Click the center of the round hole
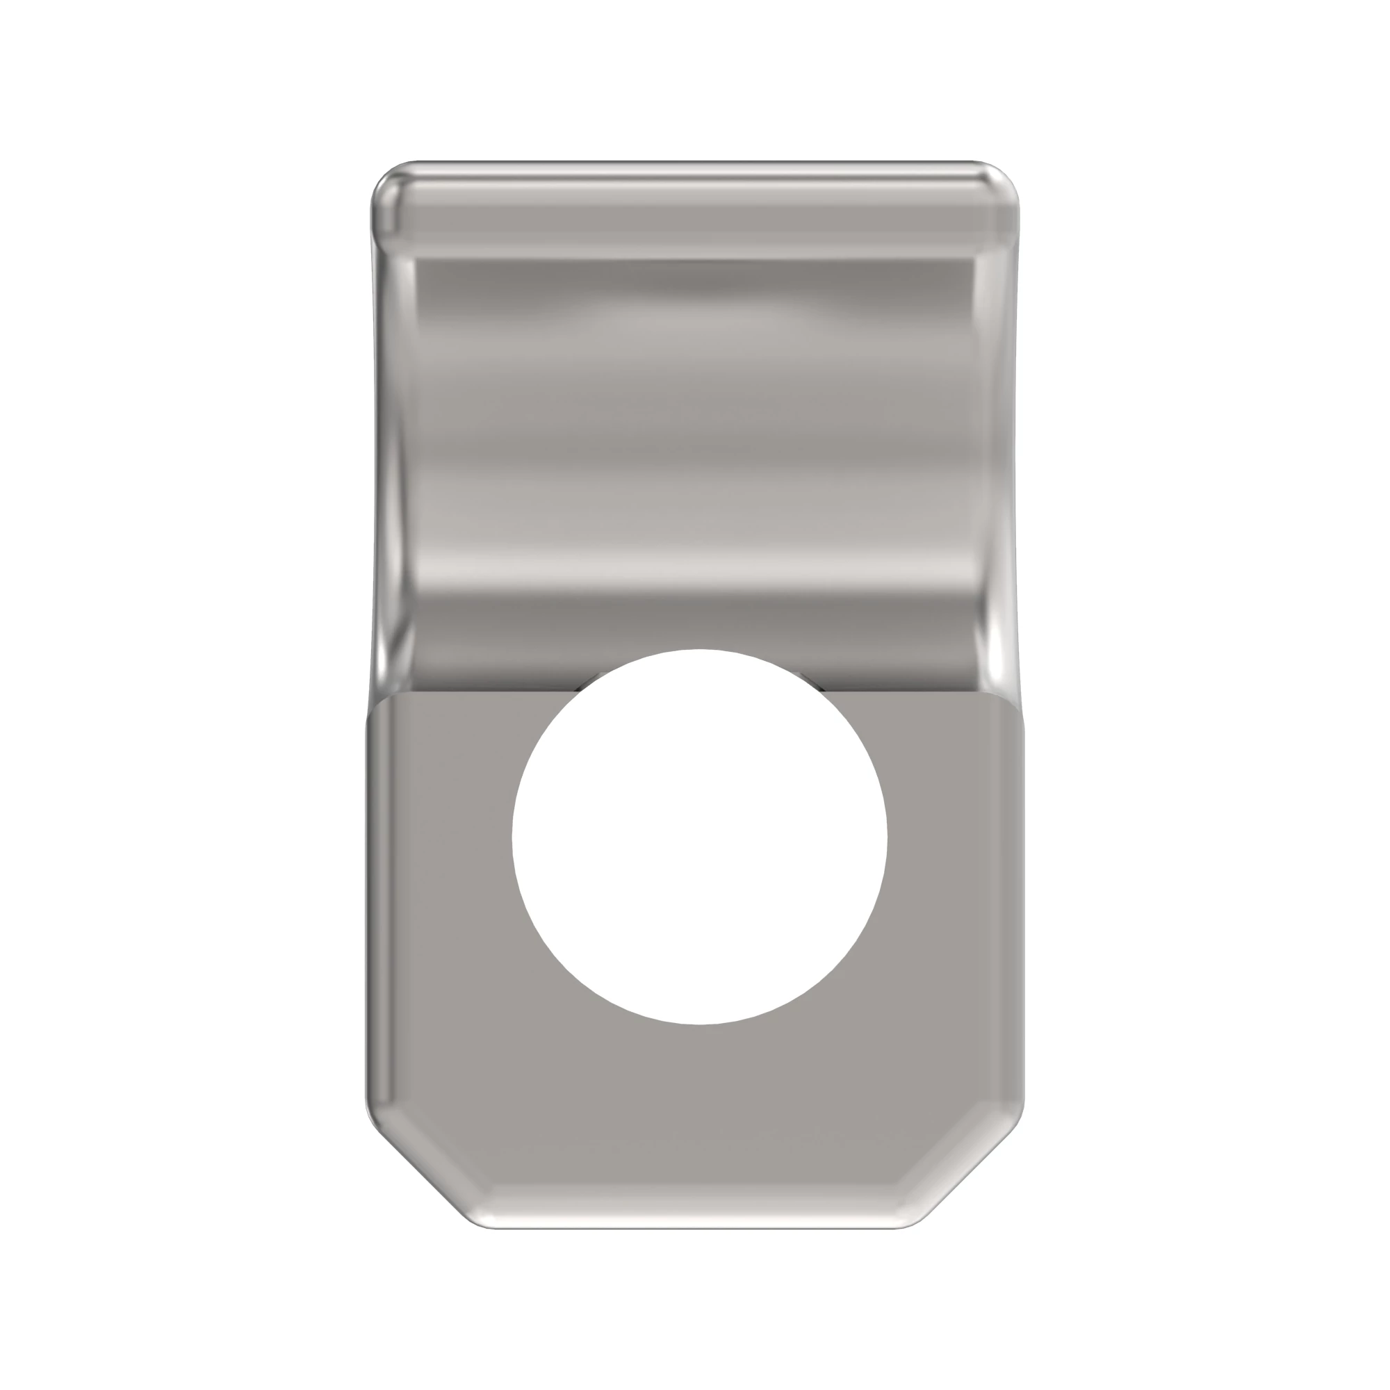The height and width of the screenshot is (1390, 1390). [x=699, y=837]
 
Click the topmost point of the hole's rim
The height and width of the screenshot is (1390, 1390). [x=699, y=650]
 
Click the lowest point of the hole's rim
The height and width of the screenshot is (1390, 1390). [x=699, y=1024]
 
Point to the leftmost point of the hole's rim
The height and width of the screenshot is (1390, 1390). [x=512, y=837]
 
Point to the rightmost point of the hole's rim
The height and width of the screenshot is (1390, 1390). [x=887, y=837]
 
